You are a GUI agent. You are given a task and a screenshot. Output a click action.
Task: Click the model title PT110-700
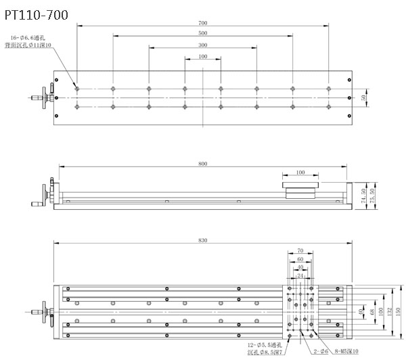35,14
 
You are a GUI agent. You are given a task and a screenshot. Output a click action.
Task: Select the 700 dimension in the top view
203,23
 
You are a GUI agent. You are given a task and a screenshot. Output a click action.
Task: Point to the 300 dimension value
203,45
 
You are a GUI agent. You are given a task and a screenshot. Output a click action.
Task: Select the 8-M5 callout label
343,352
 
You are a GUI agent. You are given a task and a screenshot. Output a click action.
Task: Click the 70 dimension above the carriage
300,250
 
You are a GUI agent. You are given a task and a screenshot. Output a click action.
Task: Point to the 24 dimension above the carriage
300,275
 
